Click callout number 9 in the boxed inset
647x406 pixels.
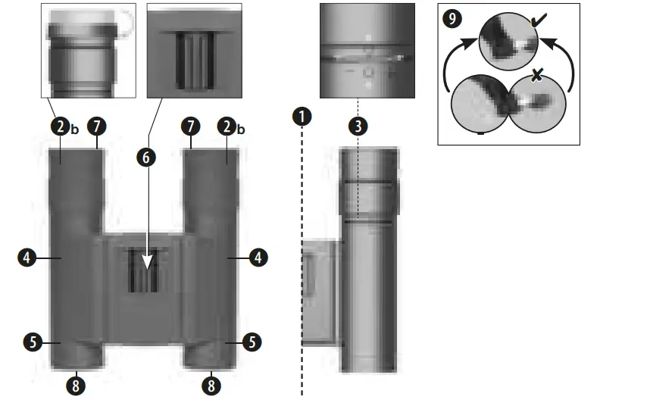[453, 19]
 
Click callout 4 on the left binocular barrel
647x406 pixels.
[26, 258]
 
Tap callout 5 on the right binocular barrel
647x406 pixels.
[252, 342]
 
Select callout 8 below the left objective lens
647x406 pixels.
[74, 386]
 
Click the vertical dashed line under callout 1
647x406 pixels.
[302, 265]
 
